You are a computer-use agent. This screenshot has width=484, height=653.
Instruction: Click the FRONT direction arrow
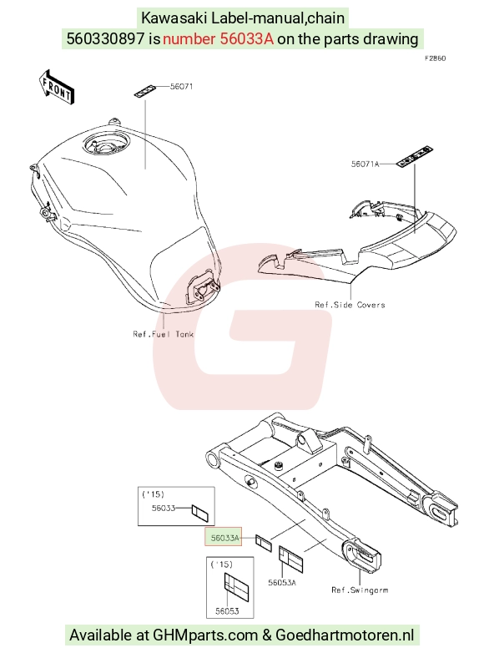click(56, 87)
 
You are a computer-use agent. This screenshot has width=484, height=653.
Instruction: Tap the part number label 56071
click(181, 87)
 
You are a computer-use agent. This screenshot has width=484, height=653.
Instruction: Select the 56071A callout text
click(365, 164)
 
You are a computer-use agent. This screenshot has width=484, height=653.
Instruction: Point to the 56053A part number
click(282, 583)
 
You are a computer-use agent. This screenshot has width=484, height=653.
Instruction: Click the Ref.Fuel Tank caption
click(163, 334)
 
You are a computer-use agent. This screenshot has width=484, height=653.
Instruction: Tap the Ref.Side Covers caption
click(350, 305)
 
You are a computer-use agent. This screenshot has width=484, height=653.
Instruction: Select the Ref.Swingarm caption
click(360, 590)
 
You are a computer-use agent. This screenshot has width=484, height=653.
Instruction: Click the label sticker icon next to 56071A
click(415, 157)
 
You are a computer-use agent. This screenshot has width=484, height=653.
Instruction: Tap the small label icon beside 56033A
click(264, 543)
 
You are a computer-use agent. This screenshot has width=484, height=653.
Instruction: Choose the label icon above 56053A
click(291, 559)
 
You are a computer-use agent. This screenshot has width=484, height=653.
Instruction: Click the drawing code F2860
click(435, 58)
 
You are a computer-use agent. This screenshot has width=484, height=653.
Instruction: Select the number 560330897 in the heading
click(105, 38)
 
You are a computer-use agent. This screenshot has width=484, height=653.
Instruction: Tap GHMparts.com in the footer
click(205, 635)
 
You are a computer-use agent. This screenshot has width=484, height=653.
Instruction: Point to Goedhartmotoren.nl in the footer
click(345, 635)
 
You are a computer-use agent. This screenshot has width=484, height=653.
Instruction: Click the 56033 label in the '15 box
click(163, 508)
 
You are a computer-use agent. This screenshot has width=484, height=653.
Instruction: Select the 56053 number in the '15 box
click(227, 611)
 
